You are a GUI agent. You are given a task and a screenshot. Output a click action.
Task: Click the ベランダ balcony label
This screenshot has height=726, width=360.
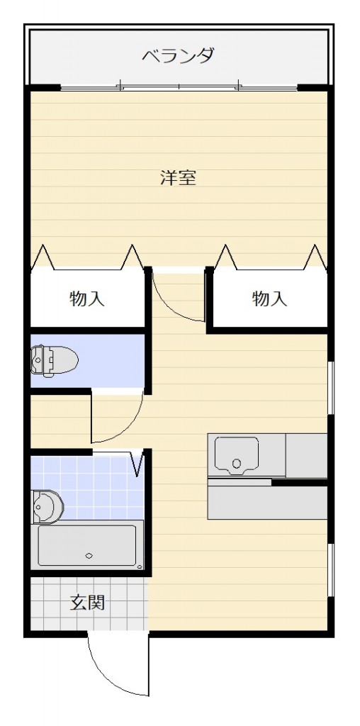[x=178, y=55]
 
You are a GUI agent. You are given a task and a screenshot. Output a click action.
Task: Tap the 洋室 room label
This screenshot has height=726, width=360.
[x=178, y=177]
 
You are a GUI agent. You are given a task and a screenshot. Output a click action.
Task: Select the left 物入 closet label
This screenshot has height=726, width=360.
[x=87, y=298]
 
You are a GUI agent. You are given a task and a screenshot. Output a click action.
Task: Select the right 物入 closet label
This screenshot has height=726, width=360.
[x=269, y=298]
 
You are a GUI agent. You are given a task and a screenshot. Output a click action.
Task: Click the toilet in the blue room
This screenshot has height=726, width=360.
[x=53, y=359]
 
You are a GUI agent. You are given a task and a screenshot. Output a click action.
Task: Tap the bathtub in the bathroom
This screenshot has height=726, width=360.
[x=87, y=545]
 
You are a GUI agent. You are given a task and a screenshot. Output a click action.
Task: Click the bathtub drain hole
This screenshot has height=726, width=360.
[x=89, y=555]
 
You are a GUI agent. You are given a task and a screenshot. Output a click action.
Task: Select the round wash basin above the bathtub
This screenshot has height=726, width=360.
[x=47, y=506]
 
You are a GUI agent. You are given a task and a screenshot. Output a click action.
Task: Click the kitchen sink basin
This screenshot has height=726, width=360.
[x=237, y=454]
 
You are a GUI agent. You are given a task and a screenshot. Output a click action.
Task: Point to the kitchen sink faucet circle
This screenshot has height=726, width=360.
[x=237, y=465]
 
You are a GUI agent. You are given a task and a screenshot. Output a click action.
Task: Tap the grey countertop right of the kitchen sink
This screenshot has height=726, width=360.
[x=306, y=454]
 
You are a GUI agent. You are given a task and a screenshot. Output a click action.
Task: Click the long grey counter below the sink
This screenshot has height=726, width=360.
[x=267, y=502]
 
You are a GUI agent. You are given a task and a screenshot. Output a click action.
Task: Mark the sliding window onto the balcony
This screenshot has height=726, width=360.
[x=179, y=88]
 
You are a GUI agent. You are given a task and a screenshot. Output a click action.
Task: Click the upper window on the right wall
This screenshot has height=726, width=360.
[x=330, y=386]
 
